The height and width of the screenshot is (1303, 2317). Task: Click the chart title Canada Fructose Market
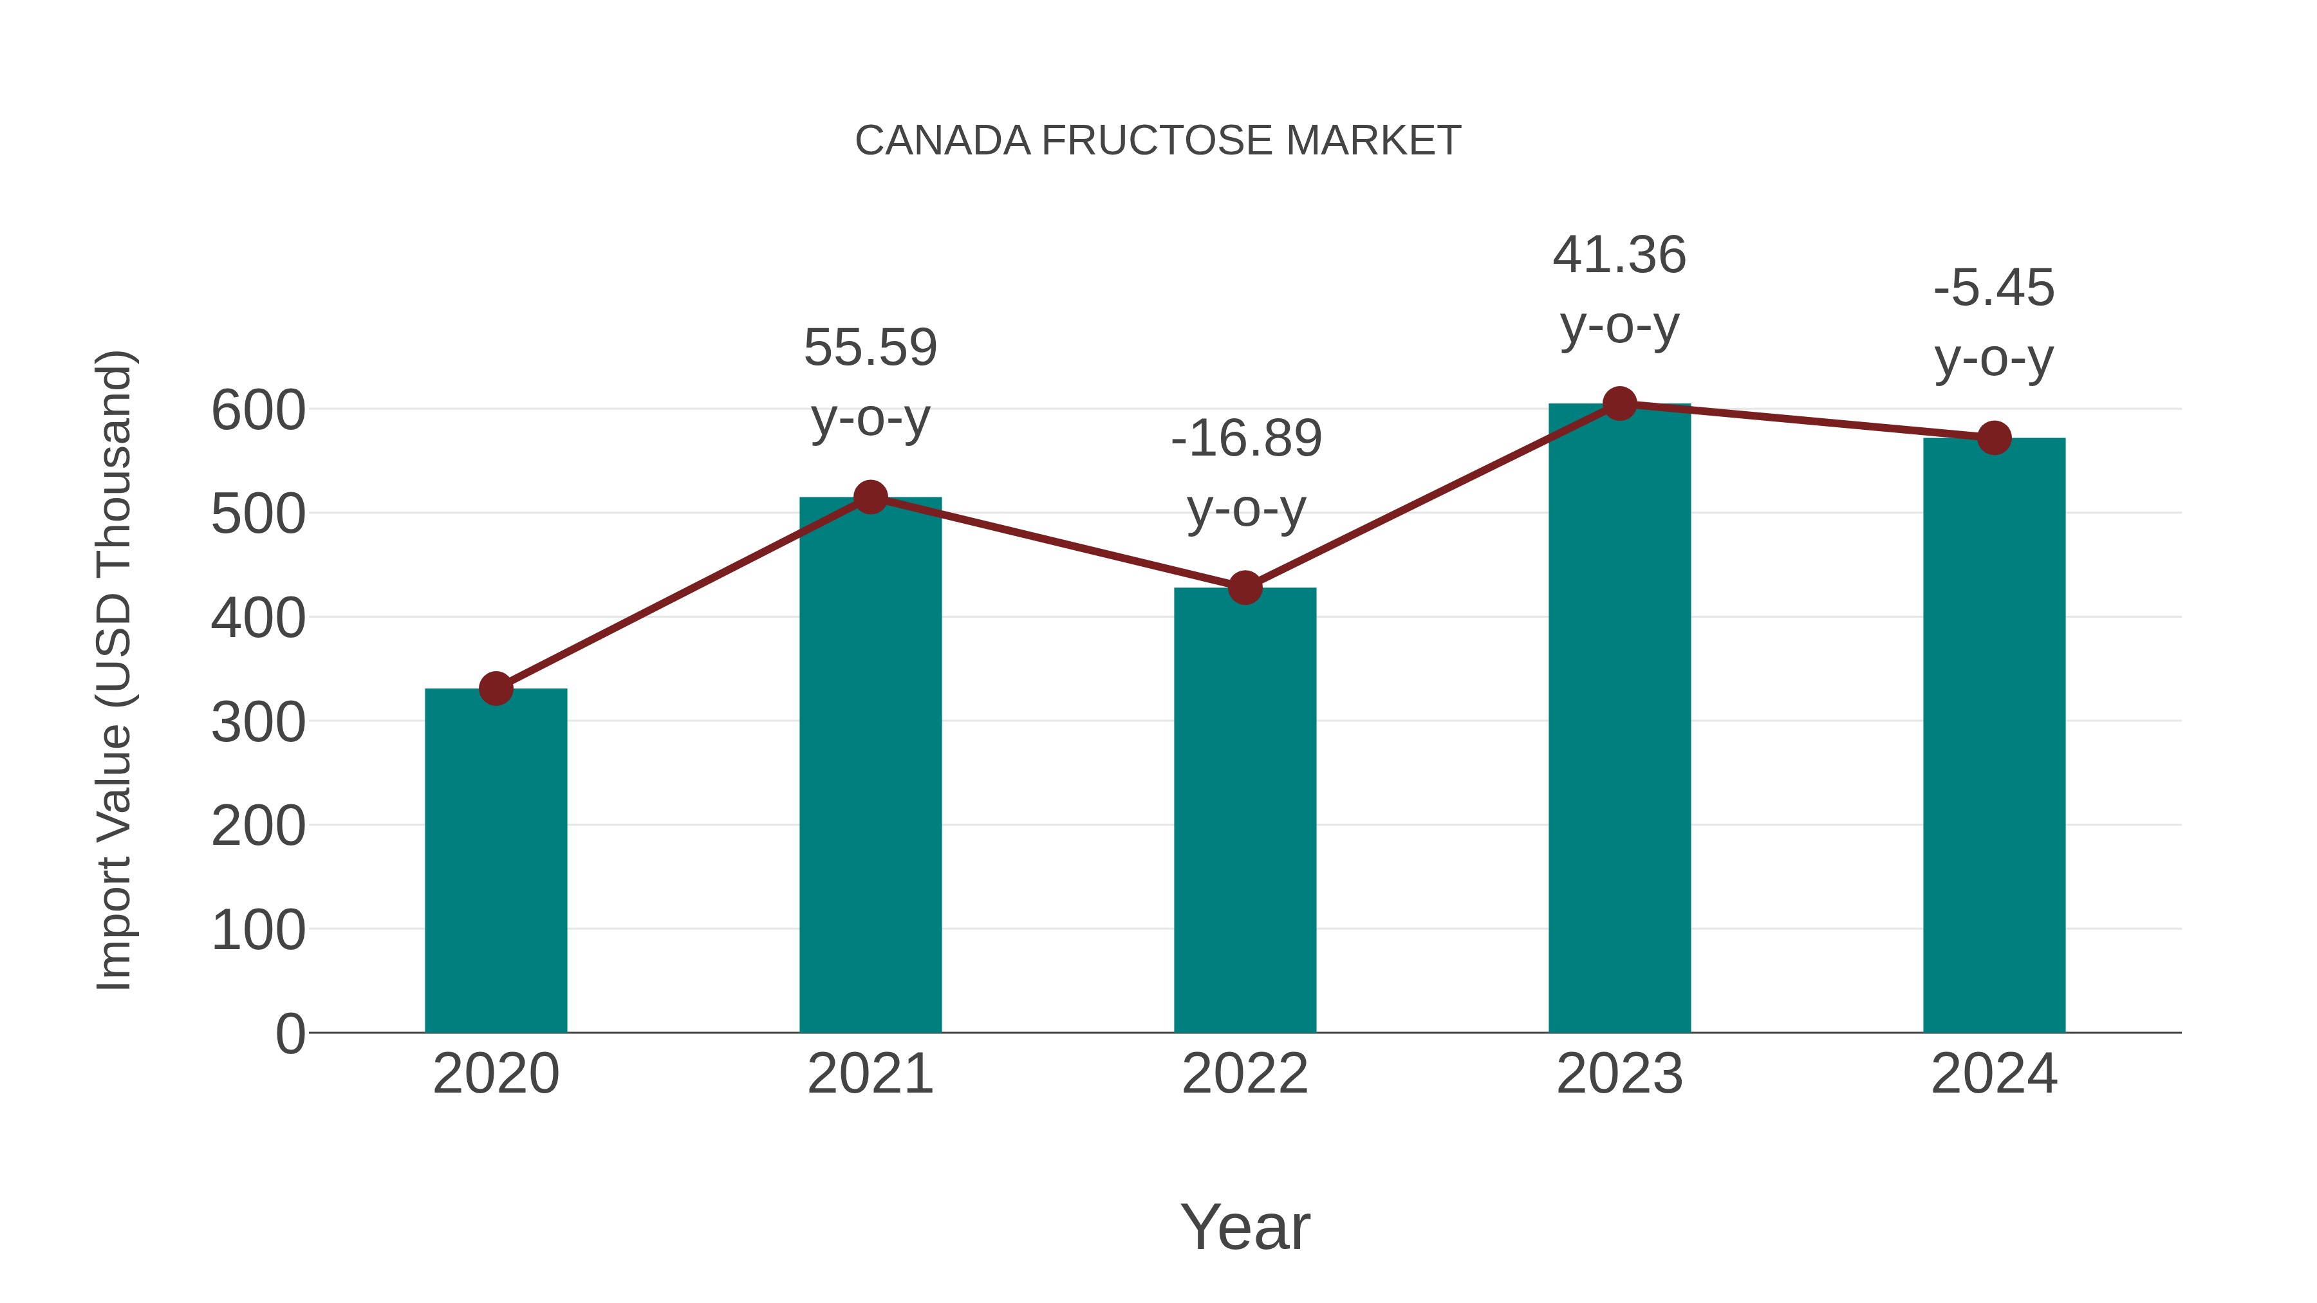pos(1158,141)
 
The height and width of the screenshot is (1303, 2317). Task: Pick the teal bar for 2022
pos(1245,809)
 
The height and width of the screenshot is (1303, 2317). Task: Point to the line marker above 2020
pos(496,688)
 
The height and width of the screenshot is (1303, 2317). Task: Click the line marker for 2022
pos(1245,588)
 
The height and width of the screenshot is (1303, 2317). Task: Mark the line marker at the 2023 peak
pos(1619,403)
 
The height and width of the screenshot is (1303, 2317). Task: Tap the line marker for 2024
pos(1994,438)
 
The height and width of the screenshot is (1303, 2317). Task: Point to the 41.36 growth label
pos(1619,290)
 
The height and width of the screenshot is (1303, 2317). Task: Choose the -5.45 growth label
pos(1994,323)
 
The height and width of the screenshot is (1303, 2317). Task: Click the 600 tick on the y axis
pos(258,411)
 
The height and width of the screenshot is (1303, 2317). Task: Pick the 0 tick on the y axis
pos(290,1033)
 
